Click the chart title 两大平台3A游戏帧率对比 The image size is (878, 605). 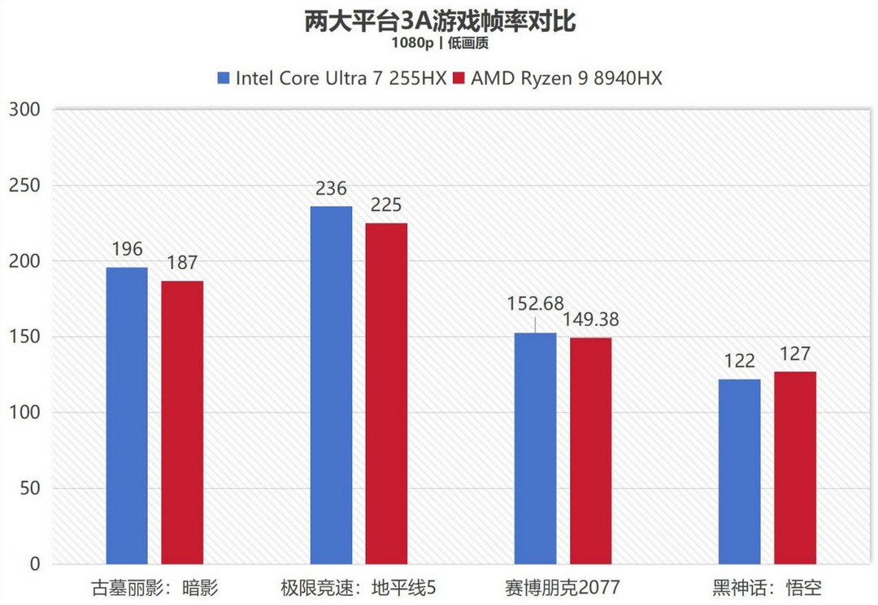(439, 21)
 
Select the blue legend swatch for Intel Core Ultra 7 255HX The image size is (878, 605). (224, 79)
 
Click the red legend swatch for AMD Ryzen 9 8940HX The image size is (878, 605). (457, 79)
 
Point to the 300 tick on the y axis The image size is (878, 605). (25, 110)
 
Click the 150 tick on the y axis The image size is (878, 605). (25, 337)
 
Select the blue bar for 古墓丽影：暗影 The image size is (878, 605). (127, 416)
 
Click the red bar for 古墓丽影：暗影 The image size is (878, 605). (182, 423)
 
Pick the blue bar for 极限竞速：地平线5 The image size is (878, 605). (331, 385)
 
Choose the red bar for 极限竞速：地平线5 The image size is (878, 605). (386, 394)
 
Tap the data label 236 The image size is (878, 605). (331, 189)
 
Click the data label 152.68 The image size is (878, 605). (536, 303)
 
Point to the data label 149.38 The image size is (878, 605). (591, 320)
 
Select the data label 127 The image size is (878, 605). (795, 354)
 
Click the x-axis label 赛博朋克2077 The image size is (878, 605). (563, 587)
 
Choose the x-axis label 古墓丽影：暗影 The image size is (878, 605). (154, 587)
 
